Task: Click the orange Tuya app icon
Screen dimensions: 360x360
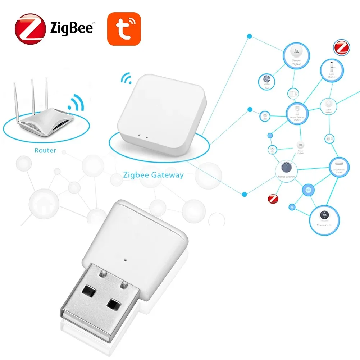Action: tap(123, 29)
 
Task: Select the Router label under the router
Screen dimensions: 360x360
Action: tap(45, 150)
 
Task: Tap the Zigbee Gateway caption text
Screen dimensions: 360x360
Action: tap(153, 176)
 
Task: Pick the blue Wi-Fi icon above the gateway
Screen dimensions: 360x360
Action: tap(126, 78)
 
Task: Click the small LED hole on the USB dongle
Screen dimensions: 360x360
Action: tap(125, 258)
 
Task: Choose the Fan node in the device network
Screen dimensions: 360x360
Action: tap(266, 81)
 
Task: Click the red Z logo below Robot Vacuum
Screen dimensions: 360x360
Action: tap(274, 199)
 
